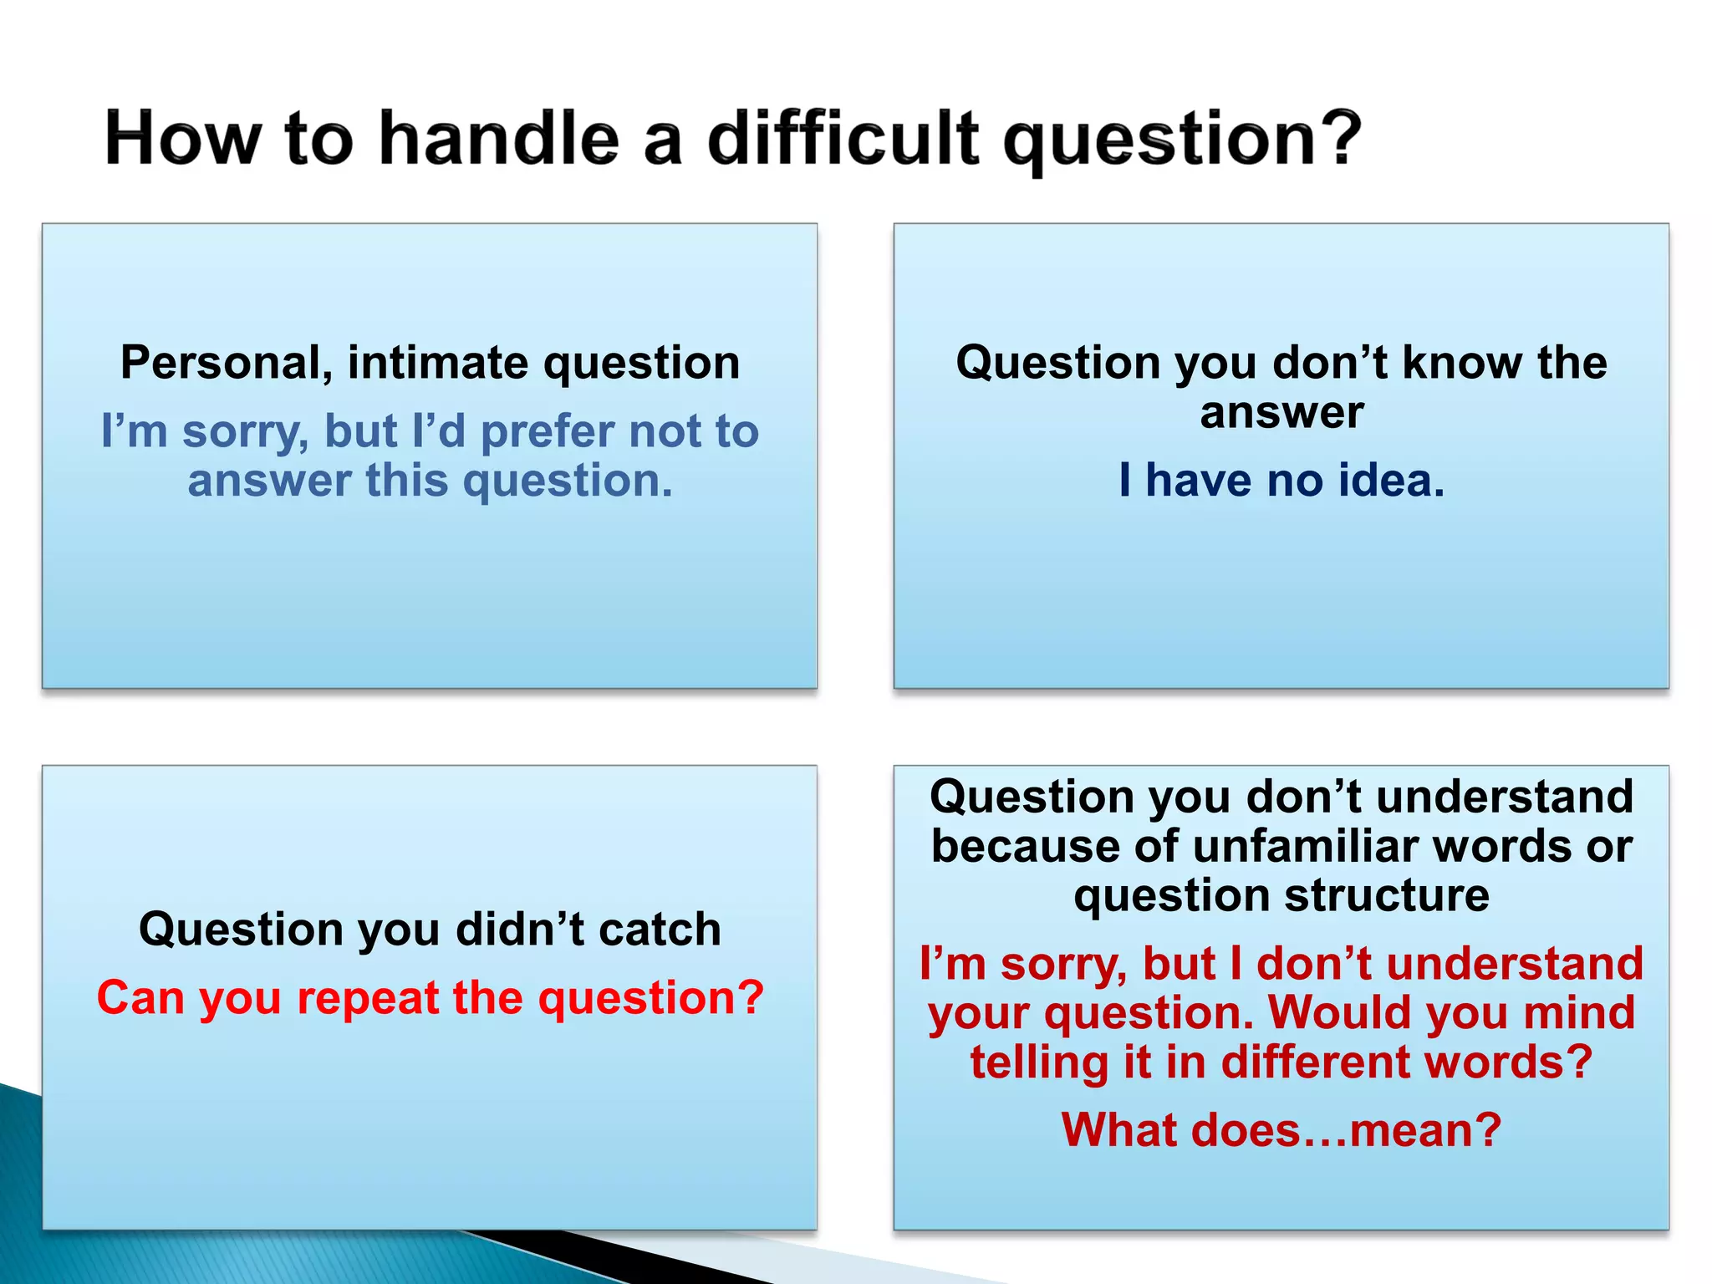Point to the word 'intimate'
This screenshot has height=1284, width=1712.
(437, 364)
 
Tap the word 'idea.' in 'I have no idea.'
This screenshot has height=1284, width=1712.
(1391, 481)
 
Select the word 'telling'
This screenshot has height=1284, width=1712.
(1039, 1062)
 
